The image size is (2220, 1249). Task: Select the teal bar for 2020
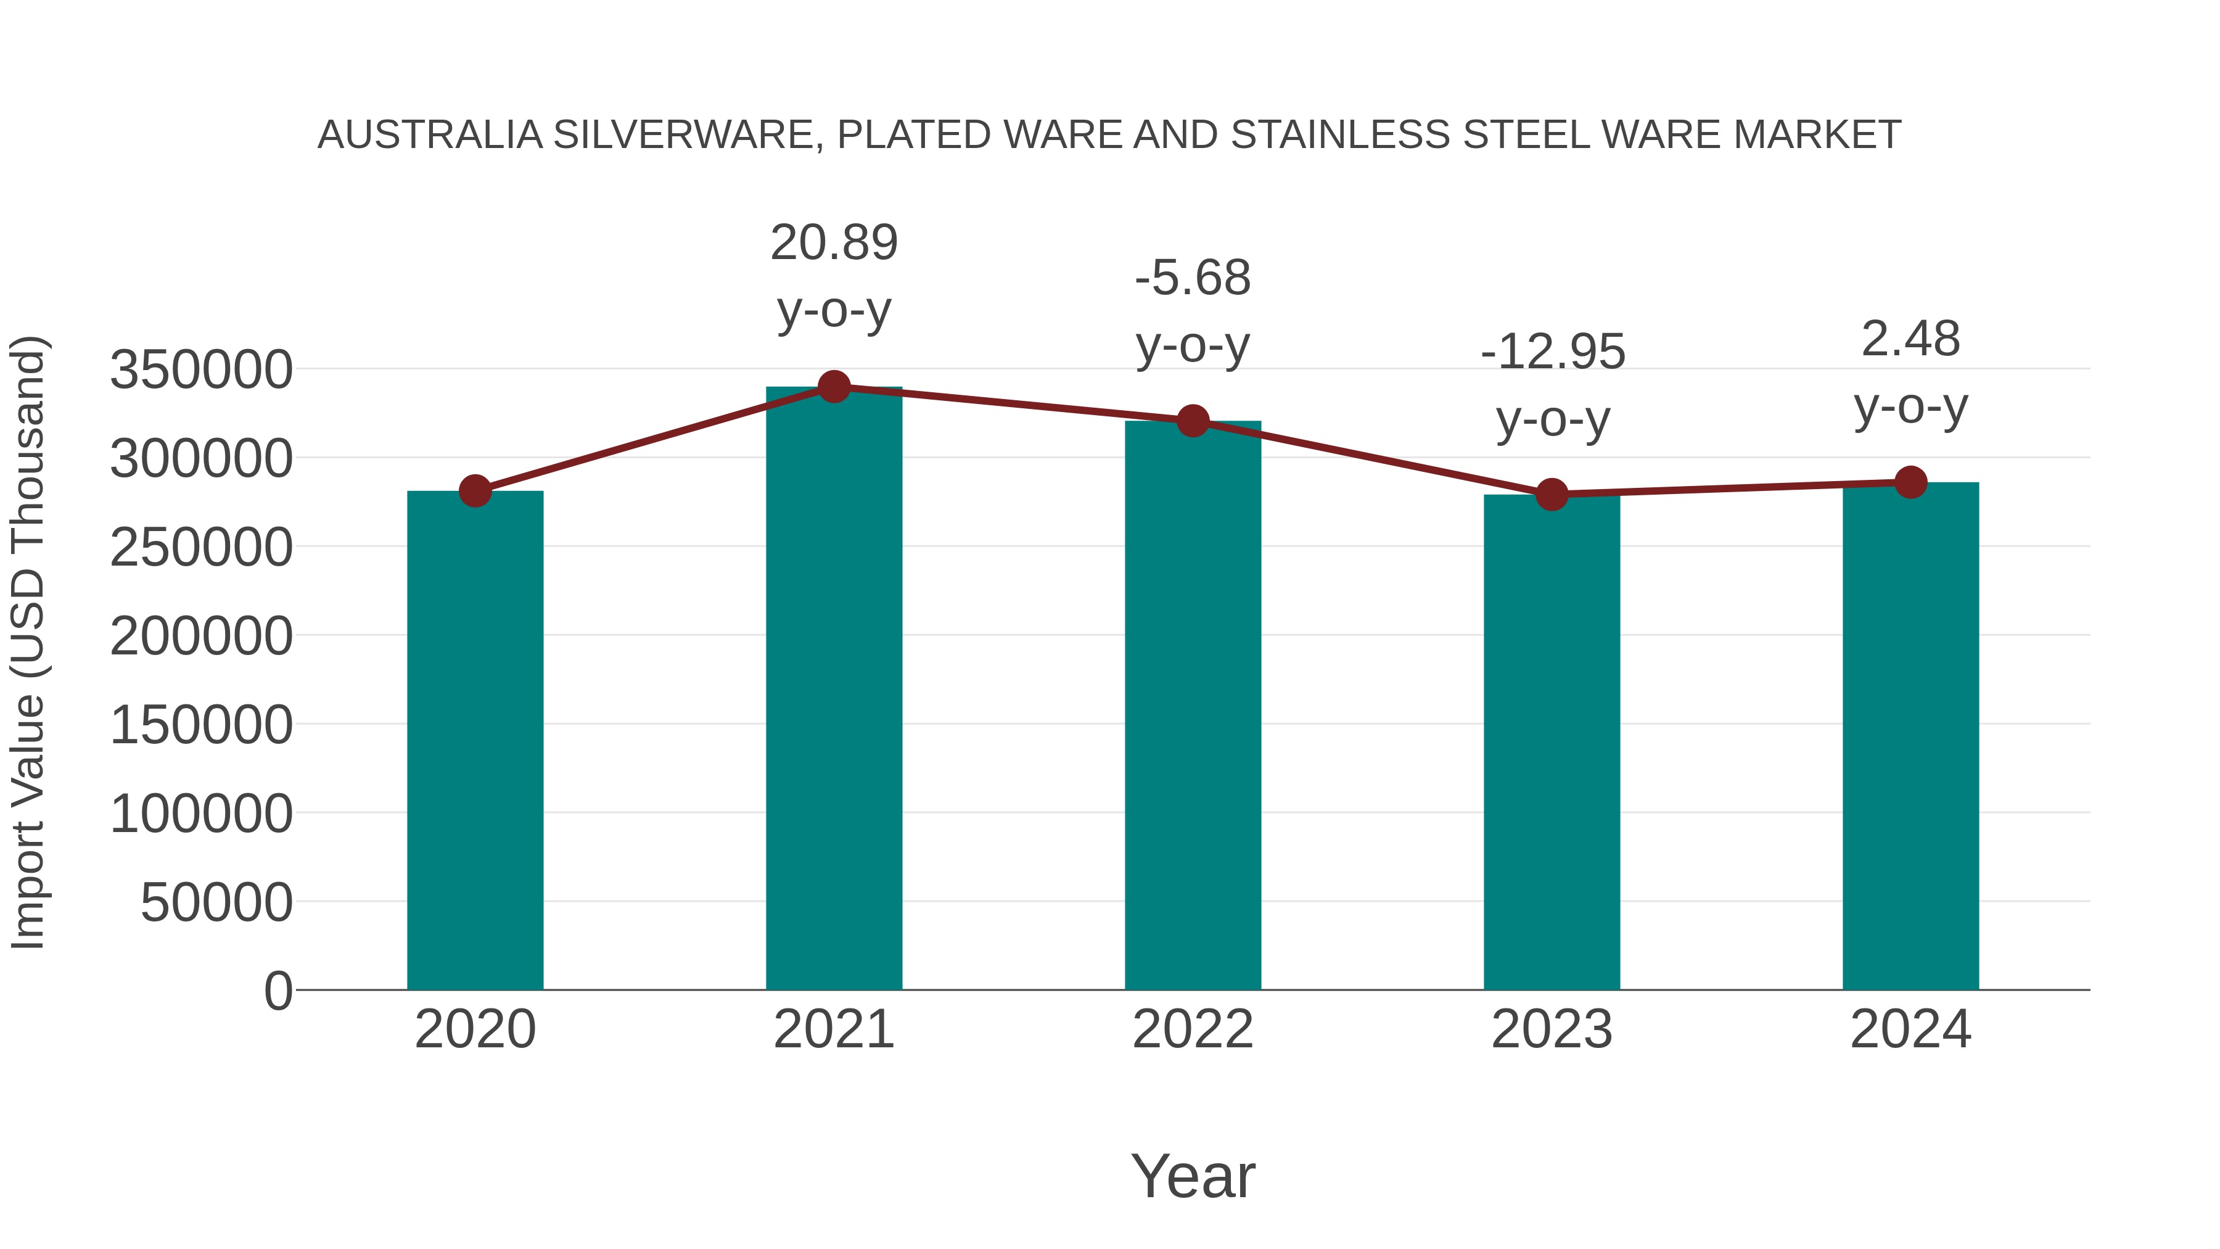coord(475,741)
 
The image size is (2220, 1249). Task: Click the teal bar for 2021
coord(833,690)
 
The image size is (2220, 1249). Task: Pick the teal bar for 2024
coord(1910,737)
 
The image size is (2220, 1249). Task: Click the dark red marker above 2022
coord(1193,421)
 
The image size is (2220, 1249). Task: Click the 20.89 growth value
coord(833,243)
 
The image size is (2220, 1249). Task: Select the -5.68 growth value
coord(1193,278)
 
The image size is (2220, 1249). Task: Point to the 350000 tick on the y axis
coord(201,371)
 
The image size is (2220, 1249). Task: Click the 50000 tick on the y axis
coord(216,904)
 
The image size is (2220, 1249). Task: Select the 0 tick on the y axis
coord(277,991)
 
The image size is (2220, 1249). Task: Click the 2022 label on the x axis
coord(1193,1030)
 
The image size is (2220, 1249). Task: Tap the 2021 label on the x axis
coord(833,1030)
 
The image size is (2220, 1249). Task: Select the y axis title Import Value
coord(28,642)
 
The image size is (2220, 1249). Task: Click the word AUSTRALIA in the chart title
coord(430,135)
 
